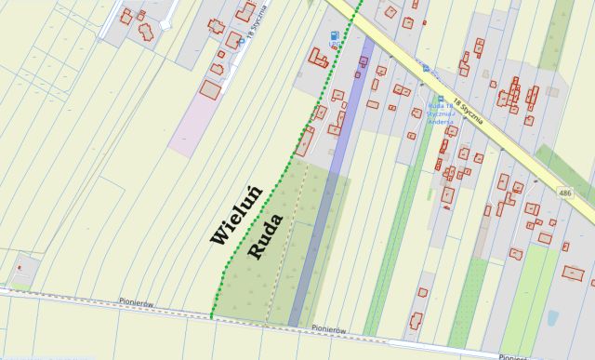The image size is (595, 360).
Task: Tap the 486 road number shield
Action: (566, 193)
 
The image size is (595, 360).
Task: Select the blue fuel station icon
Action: (333, 36)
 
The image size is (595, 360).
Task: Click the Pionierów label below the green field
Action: (329, 328)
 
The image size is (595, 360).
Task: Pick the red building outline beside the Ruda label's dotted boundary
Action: (304, 141)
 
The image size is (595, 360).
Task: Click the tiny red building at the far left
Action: (19, 268)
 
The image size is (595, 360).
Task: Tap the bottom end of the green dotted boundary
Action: (212, 316)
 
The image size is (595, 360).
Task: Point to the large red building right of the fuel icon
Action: (319, 57)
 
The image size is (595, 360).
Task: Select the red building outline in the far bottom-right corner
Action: (574, 273)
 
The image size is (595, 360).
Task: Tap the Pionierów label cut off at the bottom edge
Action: (513, 356)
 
